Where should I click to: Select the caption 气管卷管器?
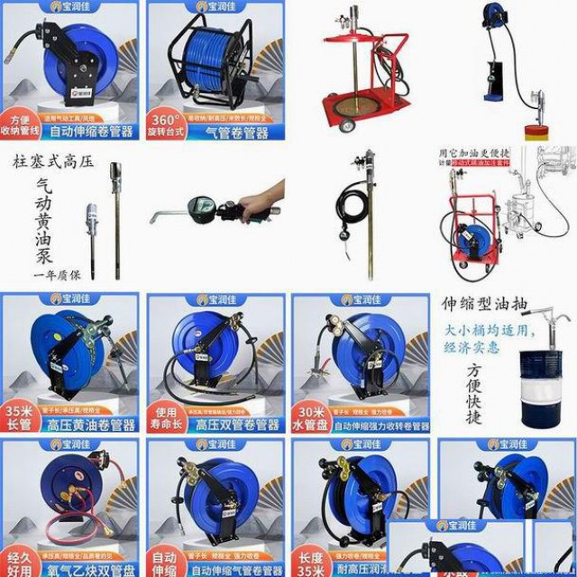click(237, 133)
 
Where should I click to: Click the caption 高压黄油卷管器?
click(90, 425)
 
